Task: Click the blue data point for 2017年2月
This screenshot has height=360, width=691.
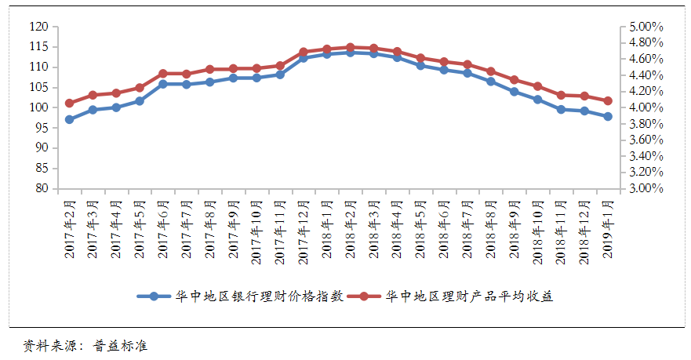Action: (x=69, y=119)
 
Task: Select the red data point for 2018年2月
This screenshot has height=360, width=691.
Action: (x=350, y=47)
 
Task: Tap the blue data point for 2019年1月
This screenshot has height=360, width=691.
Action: (x=608, y=116)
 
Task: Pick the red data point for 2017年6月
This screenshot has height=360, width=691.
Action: (x=163, y=74)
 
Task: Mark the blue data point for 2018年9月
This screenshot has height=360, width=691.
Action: (x=514, y=91)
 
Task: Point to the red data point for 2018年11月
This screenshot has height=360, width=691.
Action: (x=561, y=95)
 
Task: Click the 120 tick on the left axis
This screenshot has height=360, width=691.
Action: (x=38, y=27)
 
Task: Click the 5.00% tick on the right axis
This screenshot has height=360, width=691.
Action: (x=646, y=27)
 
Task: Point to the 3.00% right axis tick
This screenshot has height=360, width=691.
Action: (x=646, y=188)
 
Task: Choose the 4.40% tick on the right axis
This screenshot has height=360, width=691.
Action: (x=646, y=75)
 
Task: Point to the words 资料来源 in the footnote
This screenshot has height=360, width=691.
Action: (x=47, y=345)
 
